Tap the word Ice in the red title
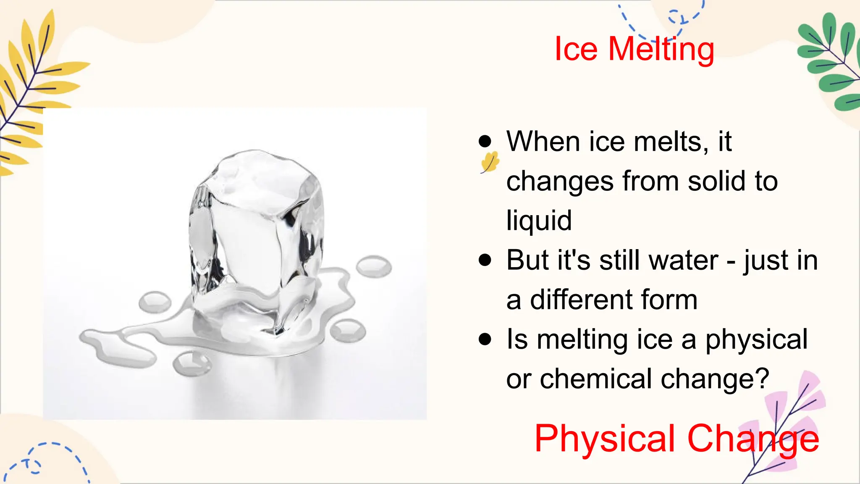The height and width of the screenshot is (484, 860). (576, 50)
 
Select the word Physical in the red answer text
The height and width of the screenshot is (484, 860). (605, 439)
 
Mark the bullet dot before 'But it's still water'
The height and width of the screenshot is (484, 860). (485, 260)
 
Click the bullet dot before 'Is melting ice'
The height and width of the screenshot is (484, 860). (485, 339)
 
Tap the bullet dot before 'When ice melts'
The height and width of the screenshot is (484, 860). (485, 142)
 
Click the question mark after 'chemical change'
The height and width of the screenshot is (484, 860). (762, 378)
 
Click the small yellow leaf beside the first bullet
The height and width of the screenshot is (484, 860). (490, 162)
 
